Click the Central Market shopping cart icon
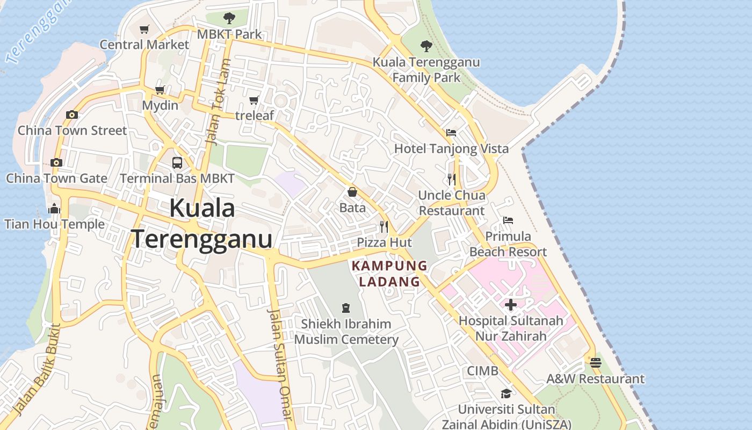coord(144,29)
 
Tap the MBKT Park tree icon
coord(229,18)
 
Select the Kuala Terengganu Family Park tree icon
coord(426,46)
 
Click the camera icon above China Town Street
coord(71,114)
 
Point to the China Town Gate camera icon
coord(56,162)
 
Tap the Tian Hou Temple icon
coord(54,209)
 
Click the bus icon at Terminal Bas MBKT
coord(177,162)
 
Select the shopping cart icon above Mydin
coord(160,90)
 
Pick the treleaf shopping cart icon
coord(254,100)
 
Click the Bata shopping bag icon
coord(352,192)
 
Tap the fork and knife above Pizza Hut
coord(384,226)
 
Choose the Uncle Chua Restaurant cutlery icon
coord(451,179)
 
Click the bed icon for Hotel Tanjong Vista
coord(451,132)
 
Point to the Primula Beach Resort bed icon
coord(508,220)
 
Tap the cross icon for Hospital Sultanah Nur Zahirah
coord(510,305)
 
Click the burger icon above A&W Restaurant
coord(595,363)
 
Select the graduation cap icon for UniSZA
coord(505,393)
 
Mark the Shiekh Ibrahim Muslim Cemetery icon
coord(346,308)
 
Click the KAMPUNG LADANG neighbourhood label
coord(389,274)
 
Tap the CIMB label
coord(482,371)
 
